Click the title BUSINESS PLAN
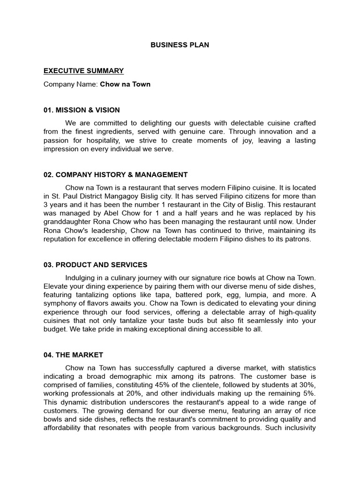tap(180, 45)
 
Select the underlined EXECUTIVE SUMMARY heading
tap(83, 71)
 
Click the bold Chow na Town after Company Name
tap(125, 84)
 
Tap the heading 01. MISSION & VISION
tap(82, 110)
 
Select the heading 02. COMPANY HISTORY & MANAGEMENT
tap(115, 174)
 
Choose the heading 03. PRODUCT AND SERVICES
tap(95, 264)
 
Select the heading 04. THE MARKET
tap(73, 355)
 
